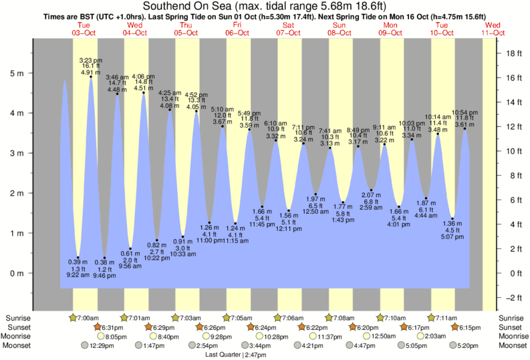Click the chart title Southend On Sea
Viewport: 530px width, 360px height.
[x=265, y=6]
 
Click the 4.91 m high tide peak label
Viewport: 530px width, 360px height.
[x=90, y=71]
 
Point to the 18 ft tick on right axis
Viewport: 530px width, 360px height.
[x=511, y=53]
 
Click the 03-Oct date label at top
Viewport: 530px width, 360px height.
[x=85, y=32]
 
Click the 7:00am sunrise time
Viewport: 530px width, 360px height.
[x=88, y=318]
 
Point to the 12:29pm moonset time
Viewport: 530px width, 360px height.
[x=100, y=345]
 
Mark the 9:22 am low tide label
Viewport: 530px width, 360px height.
[x=78, y=274]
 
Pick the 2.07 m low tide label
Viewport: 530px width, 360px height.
[x=371, y=194]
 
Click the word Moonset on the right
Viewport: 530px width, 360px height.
[x=512, y=345]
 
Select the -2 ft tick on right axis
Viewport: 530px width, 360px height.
[x=511, y=298]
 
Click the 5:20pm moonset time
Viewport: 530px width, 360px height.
[x=467, y=345]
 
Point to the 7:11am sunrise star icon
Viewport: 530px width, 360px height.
[x=432, y=318]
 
